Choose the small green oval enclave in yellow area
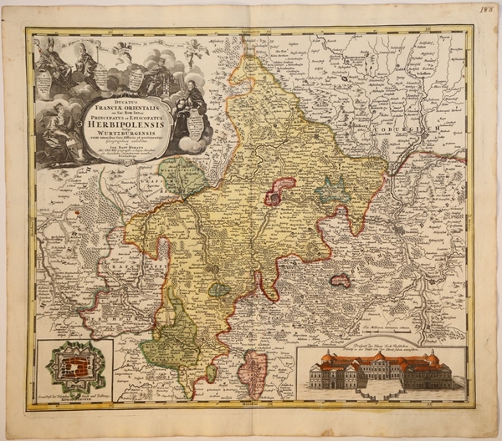[x=218, y=289]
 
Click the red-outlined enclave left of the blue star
[x=281, y=191]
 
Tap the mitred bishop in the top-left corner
[x=50, y=58]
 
